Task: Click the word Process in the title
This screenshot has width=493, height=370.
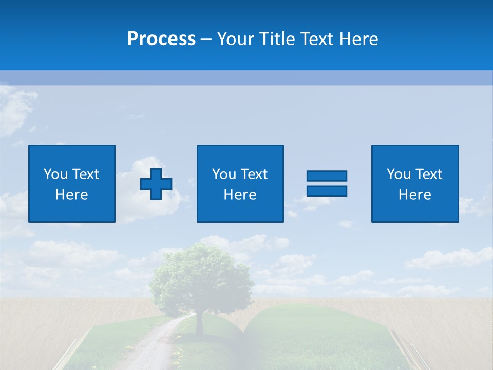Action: (161, 39)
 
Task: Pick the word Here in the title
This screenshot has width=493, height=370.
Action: (359, 39)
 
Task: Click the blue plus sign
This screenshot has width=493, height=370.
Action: (156, 184)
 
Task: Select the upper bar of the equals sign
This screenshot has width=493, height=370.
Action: (327, 176)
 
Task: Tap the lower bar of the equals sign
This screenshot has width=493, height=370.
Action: (327, 191)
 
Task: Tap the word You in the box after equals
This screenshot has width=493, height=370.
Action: (398, 174)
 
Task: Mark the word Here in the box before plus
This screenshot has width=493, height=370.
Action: (72, 195)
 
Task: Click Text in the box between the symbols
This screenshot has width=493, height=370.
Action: (254, 174)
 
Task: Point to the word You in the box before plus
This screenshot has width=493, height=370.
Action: (55, 174)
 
